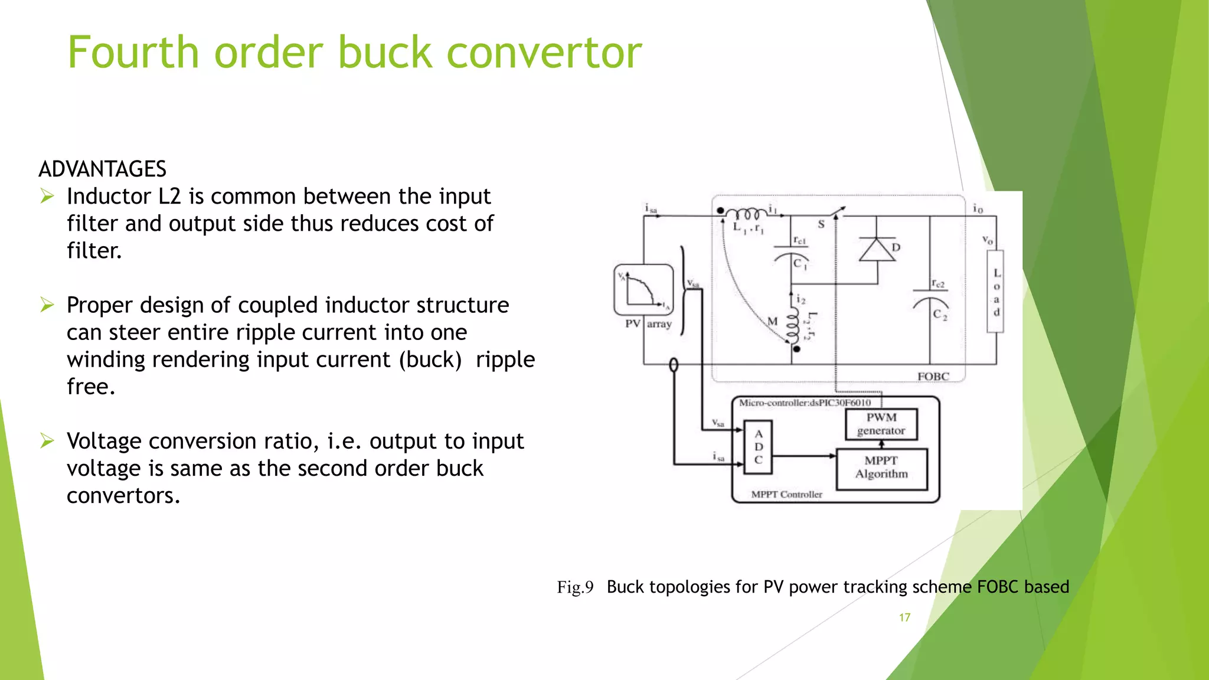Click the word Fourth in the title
(133, 53)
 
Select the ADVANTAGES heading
(102, 169)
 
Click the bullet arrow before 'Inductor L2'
(48, 196)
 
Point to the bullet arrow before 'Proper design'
(48, 305)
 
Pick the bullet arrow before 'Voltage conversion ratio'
(48, 441)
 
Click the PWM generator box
(881, 424)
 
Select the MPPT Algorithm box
(881, 468)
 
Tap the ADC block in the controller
(759, 447)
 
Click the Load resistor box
(996, 292)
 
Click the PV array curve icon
(643, 290)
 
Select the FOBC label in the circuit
(933, 377)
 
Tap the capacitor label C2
(940, 315)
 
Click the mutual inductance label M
(772, 322)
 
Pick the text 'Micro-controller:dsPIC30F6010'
(805, 403)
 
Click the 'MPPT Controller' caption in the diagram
(786, 495)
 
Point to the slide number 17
(904, 617)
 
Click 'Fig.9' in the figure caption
(575, 587)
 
